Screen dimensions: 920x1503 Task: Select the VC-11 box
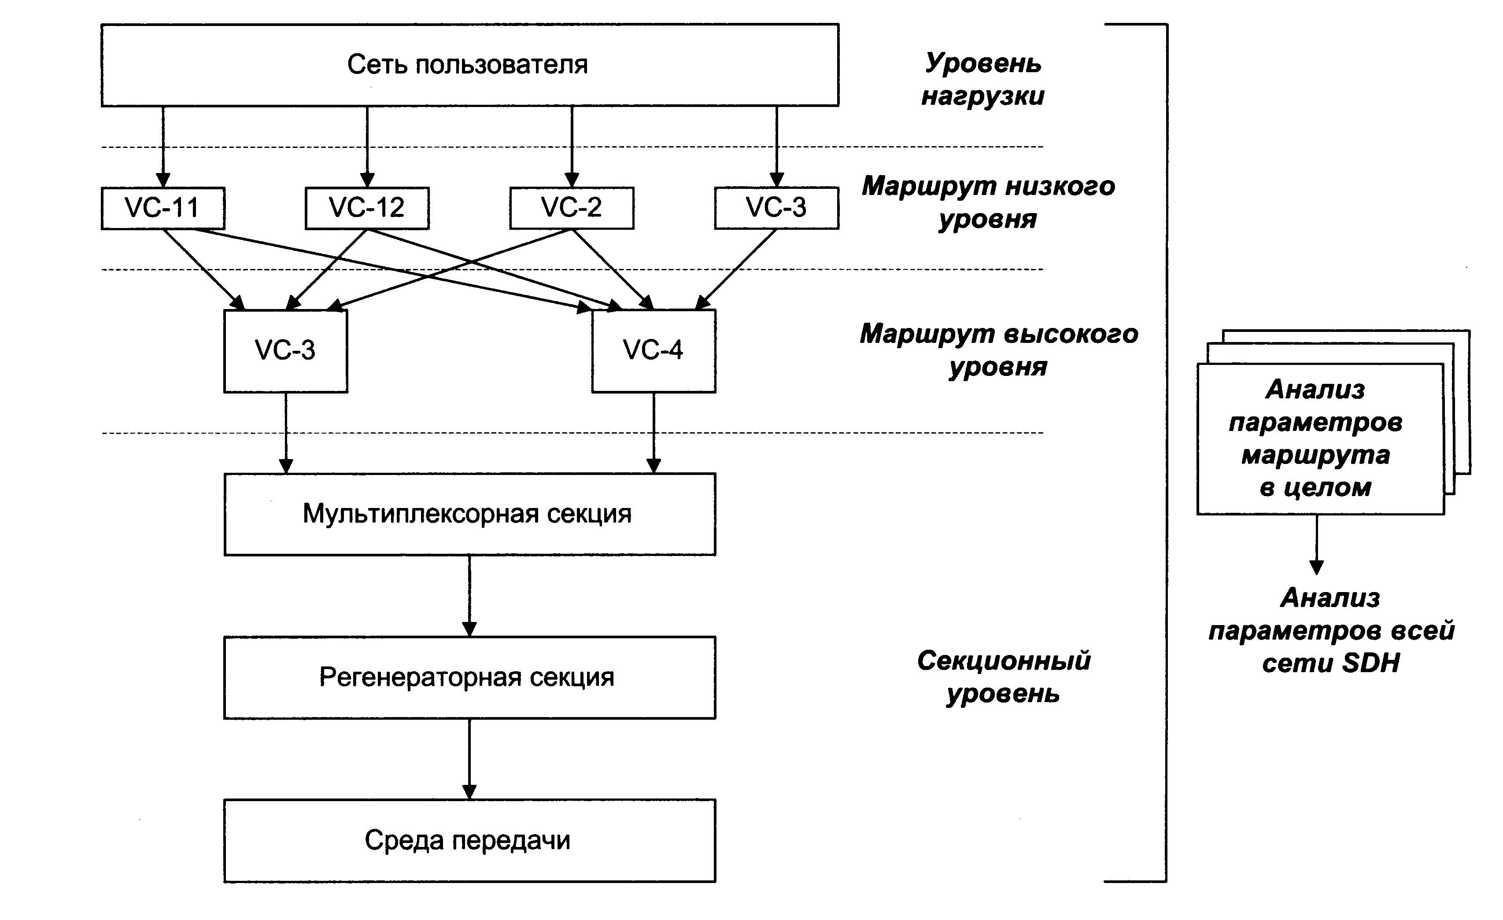tap(163, 208)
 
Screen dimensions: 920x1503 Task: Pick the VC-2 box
tap(572, 208)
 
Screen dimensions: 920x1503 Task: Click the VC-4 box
tap(653, 350)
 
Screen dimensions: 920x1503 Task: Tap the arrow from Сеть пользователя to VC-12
tap(367, 146)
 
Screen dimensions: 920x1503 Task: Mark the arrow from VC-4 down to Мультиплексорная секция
tap(654, 433)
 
